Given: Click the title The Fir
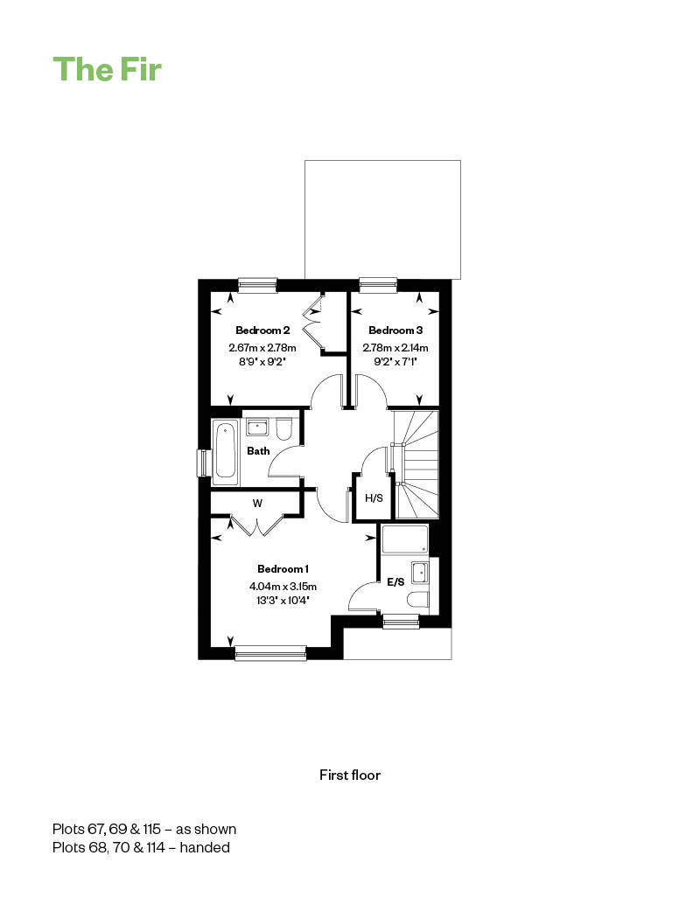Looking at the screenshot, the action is pos(107,69).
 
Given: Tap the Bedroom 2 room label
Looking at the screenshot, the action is pos(262,330).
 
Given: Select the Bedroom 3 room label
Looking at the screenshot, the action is pos(395,330).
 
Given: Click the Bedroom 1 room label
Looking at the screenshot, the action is pos(283,568).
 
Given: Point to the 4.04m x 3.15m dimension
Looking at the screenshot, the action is pos(283,586).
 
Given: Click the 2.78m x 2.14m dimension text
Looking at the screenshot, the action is pos(395,348).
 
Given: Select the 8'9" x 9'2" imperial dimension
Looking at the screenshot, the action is pos(262,362).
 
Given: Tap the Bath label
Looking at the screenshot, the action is pos(258,451).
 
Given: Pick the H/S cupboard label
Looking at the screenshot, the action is pos(374,497).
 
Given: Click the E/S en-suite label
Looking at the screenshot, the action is pos(396,582).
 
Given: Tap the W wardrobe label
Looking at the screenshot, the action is pos(257,503).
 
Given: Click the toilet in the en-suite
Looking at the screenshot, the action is pos(417,600).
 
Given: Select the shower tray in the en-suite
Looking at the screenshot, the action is pos(405,539).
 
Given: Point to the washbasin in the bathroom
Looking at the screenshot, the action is pos(257,427).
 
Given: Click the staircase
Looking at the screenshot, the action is pos(416,464).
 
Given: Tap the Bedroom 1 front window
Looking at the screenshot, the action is pos(270,653).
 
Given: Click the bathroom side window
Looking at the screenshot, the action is pos(203,462).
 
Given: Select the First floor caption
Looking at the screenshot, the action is pos(350,775).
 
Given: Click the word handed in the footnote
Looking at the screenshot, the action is pos(205,847).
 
